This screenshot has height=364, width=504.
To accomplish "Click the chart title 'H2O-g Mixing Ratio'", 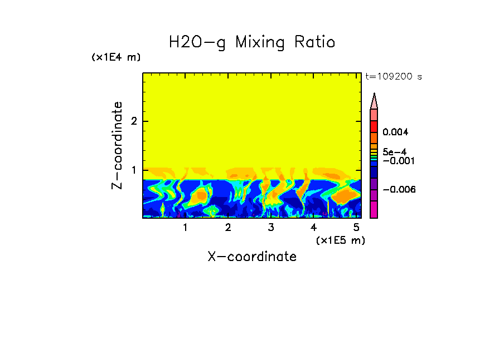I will point(252,42).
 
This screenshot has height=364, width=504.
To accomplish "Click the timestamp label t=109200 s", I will point(394,77).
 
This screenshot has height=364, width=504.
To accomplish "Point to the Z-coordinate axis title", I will point(117,145).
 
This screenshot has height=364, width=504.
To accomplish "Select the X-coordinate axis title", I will point(252,257).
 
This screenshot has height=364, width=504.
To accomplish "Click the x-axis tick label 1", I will point(186,227).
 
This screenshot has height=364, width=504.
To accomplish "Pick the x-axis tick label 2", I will point(228,227).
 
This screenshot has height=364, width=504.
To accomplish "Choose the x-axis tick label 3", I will point(271,227).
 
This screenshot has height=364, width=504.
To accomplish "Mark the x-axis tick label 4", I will point(313,227).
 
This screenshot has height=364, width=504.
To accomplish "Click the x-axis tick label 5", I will point(356,227).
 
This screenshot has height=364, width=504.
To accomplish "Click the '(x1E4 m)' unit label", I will point(116,57).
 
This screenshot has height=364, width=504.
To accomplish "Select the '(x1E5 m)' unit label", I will point(340,240).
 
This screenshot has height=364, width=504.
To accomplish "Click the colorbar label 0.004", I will point(396,132).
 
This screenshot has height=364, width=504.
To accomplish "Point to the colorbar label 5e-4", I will point(395,152).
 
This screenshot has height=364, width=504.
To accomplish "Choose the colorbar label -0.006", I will point(397,189).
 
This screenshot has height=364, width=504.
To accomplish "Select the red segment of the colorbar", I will point(374,126).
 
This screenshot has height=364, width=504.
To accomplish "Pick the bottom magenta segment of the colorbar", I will point(374,209).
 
